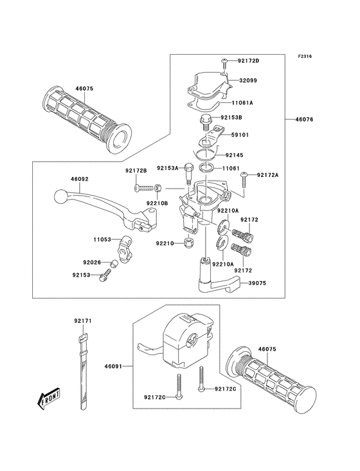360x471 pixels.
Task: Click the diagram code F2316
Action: pyautogui.click(x=305, y=57)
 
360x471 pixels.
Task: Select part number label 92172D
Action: pyautogui.click(x=248, y=61)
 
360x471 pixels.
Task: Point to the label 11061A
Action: pyautogui.click(x=242, y=102)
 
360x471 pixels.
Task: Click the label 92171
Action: pyautogui.click(x=82, y=320)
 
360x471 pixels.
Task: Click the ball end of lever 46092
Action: pyautogui.click(x=59, y=194)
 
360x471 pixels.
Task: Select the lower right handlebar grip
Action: pyautogui.click(x=274, y=380)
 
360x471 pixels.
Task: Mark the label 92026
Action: pyautogui.click(x=93, y=262)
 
